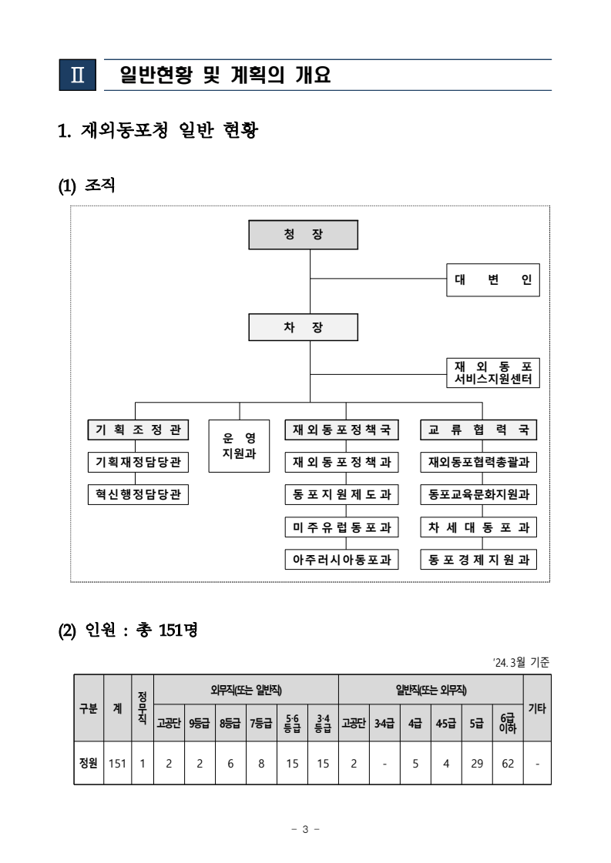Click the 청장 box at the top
click(303, 235)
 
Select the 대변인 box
click(493, 280)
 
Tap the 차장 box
click(303, 326)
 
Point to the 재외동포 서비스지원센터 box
click(493, 373)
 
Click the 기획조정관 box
click(139, 430)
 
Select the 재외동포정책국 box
click(342, 430)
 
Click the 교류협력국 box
click(478, 430)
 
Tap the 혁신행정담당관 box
click(139, 494)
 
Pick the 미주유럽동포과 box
click(342, 527)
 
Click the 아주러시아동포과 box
click(342, 560)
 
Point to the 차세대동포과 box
click(478, 527)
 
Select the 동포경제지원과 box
click(478, 560)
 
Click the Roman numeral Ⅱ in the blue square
click(77, 75)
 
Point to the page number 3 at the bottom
click(305, 829)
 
